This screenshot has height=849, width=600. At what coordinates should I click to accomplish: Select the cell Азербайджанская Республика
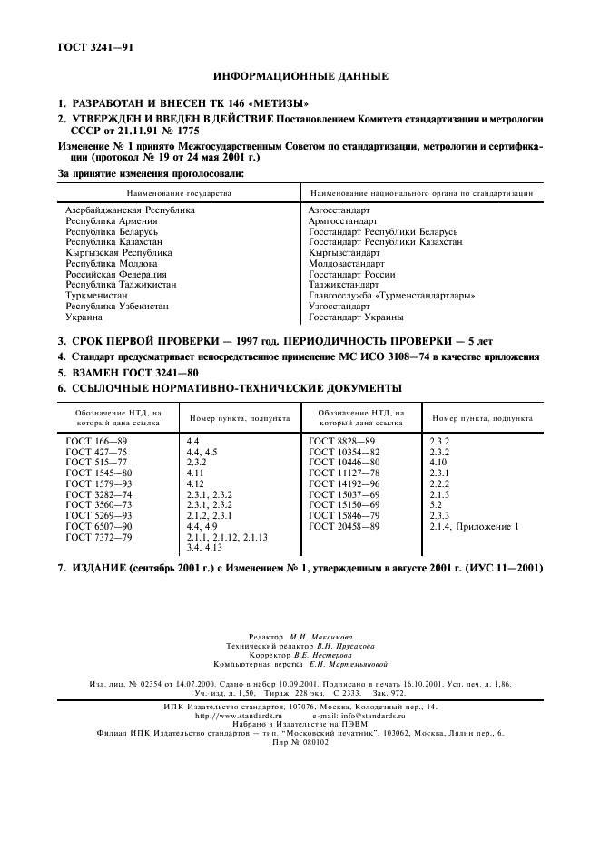click(x=130, y=210)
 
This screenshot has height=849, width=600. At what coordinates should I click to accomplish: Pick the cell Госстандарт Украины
click(x=356, y=318)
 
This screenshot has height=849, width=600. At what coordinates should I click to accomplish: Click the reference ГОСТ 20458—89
click(x=344, y=526)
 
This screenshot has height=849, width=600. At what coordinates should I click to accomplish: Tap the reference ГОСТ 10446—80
click(x=344, y=462)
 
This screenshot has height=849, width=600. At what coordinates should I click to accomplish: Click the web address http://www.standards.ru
click(x=239, y=716)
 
